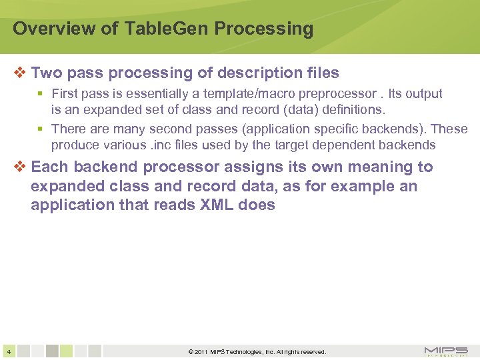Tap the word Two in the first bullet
(x=46, y=73)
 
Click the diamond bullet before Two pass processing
(x=20, y=73)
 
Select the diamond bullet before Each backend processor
(x=20, y=167)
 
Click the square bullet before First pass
(x=41, y=94)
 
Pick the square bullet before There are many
(x=41, y=129)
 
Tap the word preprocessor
(x=334, y=94)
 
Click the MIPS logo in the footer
(x=445, y=351)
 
